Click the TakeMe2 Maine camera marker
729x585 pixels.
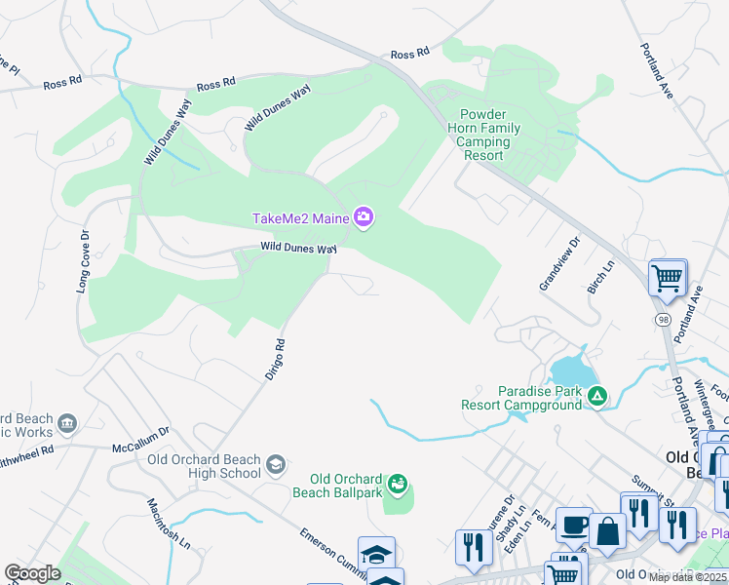tap(364, 216)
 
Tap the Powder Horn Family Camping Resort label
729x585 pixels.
tap(483, 136)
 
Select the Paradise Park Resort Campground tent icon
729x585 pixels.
tap(596, 397)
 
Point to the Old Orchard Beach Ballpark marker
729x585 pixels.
tap(398, 484)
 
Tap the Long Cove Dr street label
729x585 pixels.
tap(83, 262)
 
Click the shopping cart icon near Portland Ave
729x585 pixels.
tap(668, 278)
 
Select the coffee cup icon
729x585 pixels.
tap(574, 525)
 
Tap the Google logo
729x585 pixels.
tap(31, 573)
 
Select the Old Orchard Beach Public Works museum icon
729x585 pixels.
tap(67, 423)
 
